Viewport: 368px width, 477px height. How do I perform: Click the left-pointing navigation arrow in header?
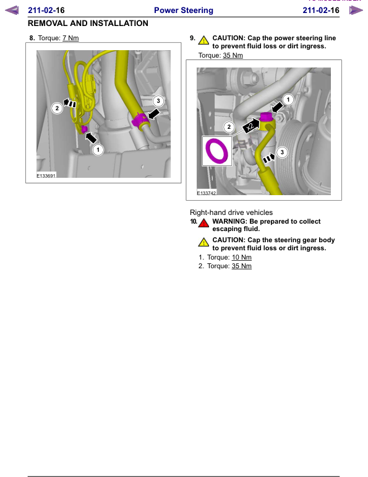click(12, 11)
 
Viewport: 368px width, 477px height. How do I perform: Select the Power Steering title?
click(183, 11)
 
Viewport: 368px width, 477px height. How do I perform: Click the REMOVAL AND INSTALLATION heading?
click(88, 24)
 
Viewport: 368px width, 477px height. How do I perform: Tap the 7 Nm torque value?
click(71, 38)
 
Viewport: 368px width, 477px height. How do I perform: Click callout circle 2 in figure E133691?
click(57, 108)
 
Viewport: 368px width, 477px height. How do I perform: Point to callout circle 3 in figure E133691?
click(158, 100)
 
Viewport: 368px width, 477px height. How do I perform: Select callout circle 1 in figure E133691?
click(97, 149)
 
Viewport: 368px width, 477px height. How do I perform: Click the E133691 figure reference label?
click(46, 175)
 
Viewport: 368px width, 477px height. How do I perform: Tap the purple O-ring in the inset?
click(217, 150)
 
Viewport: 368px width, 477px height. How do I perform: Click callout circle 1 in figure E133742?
click(288, 99)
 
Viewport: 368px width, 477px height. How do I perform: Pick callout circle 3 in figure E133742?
click(283, 151)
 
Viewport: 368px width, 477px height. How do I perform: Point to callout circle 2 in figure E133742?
click(229, 127)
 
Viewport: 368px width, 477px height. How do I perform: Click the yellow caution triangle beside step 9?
click(203, 39)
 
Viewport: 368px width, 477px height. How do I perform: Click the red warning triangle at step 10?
click(203, 222)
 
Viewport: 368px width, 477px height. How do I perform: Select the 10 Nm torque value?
click(242, 257)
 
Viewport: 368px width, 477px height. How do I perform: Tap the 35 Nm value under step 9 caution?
click(233, 56)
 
